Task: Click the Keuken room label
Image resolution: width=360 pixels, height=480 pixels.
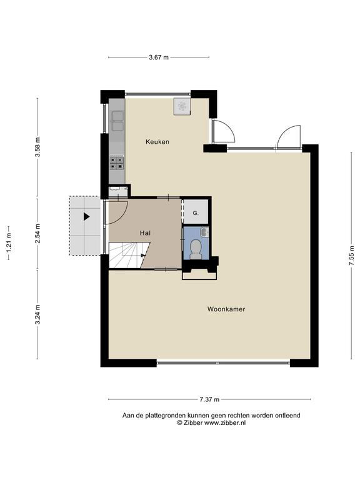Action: tap(157, 142)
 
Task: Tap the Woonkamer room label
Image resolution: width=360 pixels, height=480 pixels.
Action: tap(226, 309)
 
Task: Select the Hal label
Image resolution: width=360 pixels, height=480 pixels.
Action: tap(145, 233)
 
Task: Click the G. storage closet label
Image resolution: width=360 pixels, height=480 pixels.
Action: tap(196, 213)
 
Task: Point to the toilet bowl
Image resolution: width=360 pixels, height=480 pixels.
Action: tap(195, 248)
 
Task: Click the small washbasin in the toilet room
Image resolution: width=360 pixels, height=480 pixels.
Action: tap(204, 232)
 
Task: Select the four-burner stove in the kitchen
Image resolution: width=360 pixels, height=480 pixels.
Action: tap(117, 163)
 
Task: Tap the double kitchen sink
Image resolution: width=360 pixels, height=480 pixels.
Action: tap(117, 121)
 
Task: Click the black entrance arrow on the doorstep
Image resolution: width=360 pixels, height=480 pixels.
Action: tap(87, 217)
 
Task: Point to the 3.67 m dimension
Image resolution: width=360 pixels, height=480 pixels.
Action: tap(159, 57)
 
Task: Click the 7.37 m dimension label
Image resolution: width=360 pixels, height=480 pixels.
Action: tap(209, 399)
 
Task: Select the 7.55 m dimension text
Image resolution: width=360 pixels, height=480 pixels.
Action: tap(353, 256)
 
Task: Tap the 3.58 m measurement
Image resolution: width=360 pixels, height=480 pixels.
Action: tap(37, 147)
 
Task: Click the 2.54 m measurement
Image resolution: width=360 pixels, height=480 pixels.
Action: tap(37, 234)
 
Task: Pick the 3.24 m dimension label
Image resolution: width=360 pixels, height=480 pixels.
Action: tap(37, 314)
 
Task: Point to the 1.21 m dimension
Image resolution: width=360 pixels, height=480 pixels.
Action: tap(9, 242)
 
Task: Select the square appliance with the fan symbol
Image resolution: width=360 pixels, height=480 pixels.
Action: tap(182, 106)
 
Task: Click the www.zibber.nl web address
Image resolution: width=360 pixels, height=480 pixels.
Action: tap(225, 422)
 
